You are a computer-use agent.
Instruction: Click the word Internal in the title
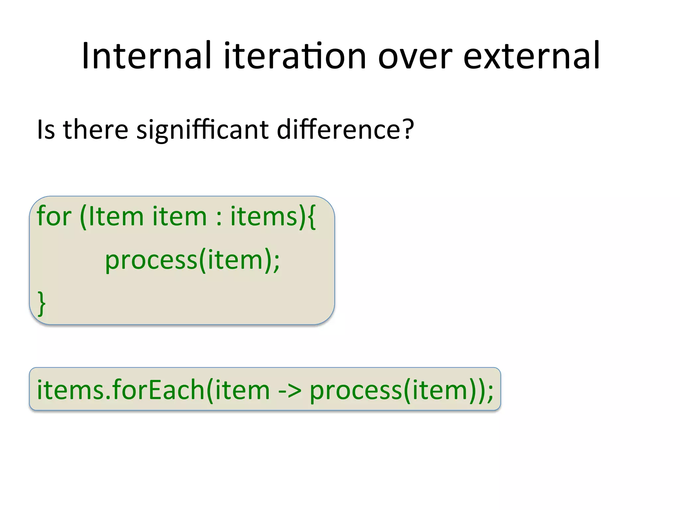146,56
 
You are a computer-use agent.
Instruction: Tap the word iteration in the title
295,56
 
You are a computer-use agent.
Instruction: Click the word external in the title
531,56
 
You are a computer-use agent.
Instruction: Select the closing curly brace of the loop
42,303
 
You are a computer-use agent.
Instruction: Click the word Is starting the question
46,129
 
